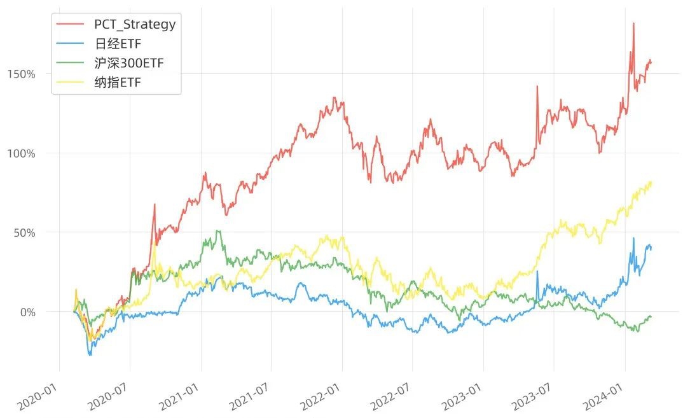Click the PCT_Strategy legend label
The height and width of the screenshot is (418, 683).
135,24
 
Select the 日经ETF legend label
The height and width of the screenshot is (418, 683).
118,44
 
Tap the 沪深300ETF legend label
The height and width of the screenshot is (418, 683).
129,63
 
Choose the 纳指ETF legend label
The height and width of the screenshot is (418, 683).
118,82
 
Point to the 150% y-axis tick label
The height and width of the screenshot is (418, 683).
21,74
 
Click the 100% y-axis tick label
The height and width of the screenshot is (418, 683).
21,153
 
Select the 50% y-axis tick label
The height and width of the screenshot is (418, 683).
24,233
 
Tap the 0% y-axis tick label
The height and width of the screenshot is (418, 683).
28,312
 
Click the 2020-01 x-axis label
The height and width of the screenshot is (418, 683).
38,397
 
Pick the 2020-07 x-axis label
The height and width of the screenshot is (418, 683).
109,397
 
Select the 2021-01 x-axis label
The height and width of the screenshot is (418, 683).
179,397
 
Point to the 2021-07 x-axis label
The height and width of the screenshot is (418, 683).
249,397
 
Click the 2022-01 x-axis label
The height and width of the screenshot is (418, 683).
321,397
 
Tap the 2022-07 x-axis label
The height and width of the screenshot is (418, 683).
391,397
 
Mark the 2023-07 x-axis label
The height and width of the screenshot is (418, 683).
532,397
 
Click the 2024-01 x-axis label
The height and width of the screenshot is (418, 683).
604,397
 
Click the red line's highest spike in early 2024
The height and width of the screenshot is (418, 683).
633,24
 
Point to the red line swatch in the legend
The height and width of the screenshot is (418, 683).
71,24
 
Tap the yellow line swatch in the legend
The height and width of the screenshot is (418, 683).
71,82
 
